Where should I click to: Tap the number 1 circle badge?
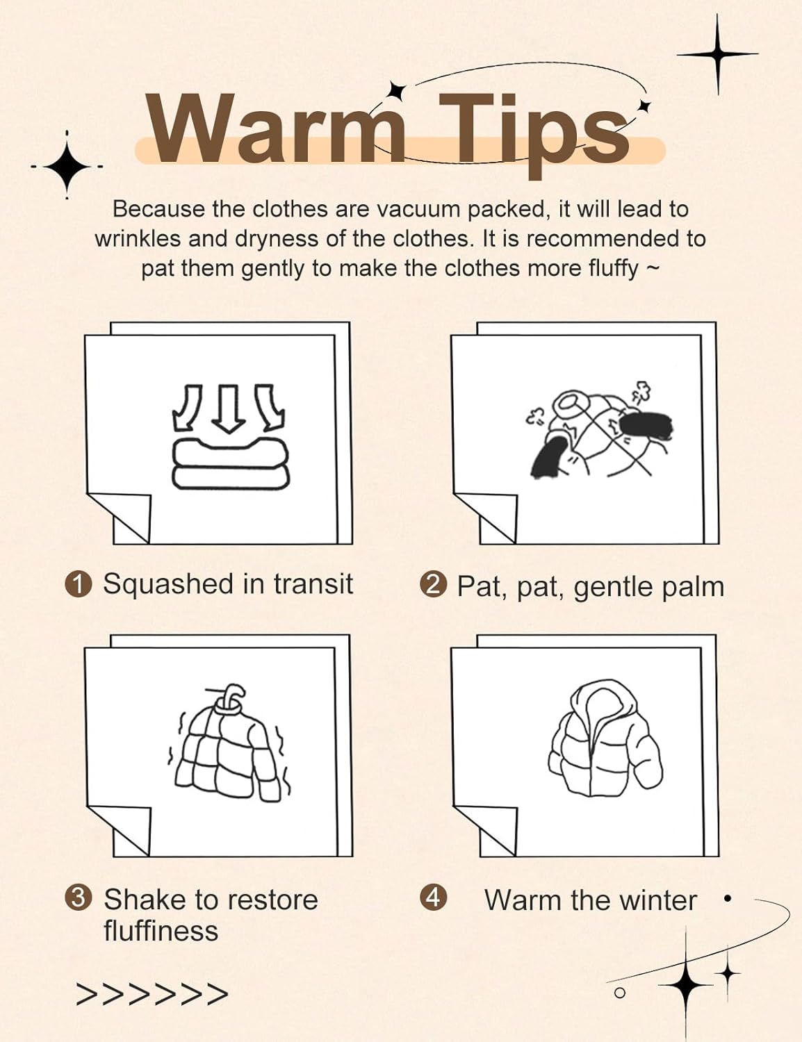click(79, 584)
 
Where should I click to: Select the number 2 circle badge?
click(433, 584)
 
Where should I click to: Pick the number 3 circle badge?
click(79, 897)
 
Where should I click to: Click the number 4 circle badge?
click(433, 897)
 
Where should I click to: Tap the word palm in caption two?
click(691, 587)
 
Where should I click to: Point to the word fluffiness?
click(161, 931)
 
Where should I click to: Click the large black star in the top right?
click(718, 54)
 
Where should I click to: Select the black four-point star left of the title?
click(67, 166)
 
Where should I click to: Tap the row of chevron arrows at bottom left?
click(152, 994)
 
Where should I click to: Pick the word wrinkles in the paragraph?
click(138, 239)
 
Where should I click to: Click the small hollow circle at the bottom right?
click(620, 993)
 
